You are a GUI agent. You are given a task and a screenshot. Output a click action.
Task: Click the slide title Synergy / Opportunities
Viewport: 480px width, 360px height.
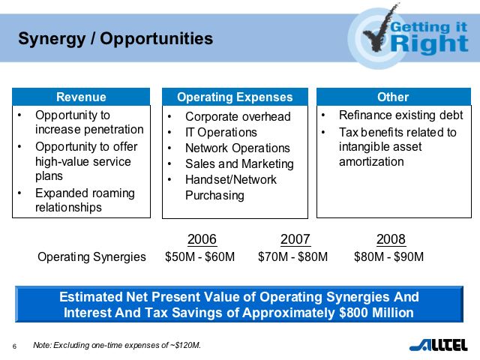(115, 38)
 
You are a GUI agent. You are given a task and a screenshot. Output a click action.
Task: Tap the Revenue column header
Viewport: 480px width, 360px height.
(81, 97)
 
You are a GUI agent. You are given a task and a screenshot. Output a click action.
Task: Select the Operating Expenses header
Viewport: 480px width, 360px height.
(235, 97)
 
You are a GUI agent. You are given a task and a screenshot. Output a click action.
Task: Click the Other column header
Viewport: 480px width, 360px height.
(392, 97)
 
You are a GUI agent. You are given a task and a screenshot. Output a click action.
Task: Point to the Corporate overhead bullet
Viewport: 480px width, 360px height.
(237, 117)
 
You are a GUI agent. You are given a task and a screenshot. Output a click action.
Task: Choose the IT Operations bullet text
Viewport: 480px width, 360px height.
(220, 133)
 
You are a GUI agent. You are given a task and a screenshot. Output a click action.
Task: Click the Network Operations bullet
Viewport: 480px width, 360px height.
(237, 148)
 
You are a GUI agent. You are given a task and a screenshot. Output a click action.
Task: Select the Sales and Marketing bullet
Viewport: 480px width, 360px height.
(239, 164)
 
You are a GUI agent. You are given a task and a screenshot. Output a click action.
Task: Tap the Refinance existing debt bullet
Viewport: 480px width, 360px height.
(400, 116)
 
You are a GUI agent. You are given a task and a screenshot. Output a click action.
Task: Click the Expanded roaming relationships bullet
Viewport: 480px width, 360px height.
(84, 200)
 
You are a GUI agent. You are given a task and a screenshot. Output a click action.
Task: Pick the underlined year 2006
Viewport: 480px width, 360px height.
(202, 240)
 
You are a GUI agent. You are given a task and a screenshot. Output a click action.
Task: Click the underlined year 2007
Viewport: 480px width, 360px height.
(295, 240)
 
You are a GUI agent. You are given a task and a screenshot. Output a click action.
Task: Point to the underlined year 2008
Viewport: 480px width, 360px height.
(391, 240)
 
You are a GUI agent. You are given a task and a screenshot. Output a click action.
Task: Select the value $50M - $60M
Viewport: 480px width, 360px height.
(200, 257)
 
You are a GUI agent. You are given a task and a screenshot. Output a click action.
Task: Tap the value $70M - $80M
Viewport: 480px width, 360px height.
(293, 257)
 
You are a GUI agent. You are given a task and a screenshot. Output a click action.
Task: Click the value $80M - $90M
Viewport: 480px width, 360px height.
(389, 257)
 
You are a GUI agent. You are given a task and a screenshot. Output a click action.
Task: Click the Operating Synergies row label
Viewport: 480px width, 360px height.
(91, 257)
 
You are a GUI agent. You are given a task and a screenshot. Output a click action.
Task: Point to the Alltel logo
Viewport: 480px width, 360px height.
(439, 345)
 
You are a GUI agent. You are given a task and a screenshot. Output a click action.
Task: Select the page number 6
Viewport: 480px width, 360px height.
(14, 346)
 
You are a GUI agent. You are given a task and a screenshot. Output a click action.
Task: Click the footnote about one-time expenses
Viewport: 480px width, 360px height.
(117, 346)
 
